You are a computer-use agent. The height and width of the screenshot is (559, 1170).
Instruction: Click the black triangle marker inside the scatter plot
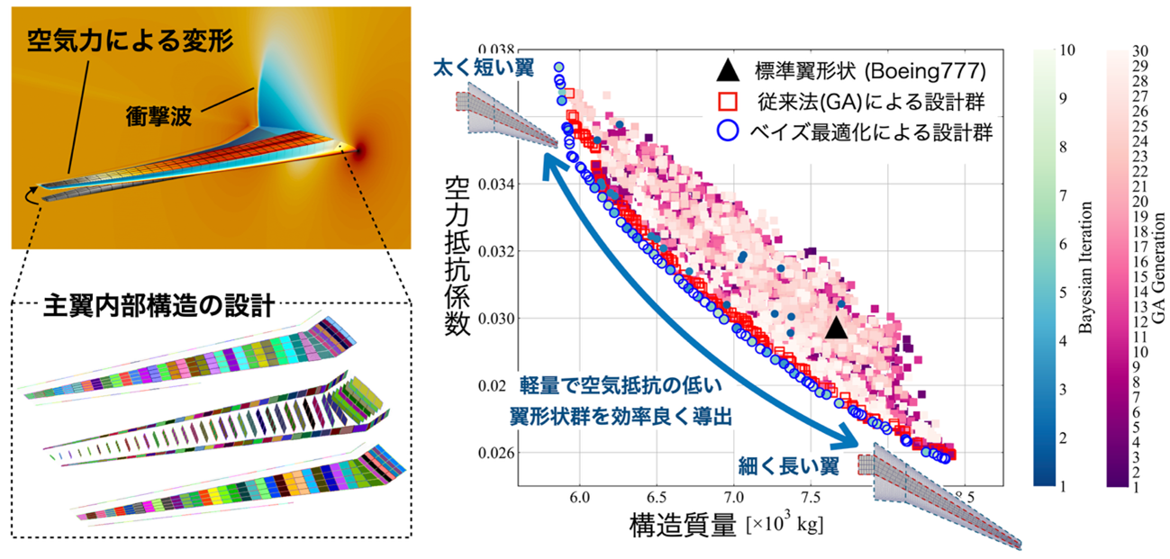(x=837, y=329)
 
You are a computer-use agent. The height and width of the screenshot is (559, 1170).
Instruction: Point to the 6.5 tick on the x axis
(x=658, y=495)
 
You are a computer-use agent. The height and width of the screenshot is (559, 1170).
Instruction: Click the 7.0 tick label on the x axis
(x=735, y=495)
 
